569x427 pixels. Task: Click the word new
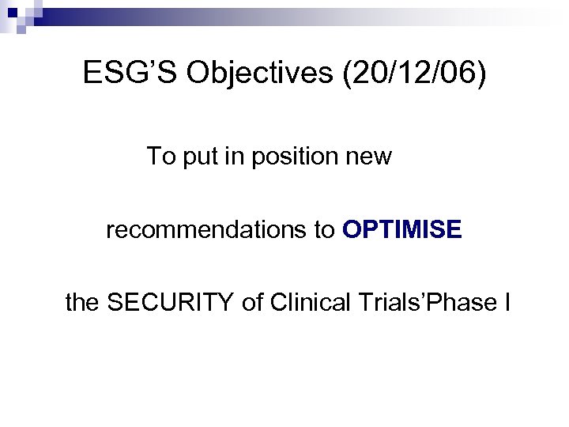(x=371, y=158)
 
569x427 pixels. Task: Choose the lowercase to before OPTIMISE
(x=327, y=230)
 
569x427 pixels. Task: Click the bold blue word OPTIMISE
(x=402, y=230)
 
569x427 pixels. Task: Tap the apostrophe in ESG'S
(x=153, y=66)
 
